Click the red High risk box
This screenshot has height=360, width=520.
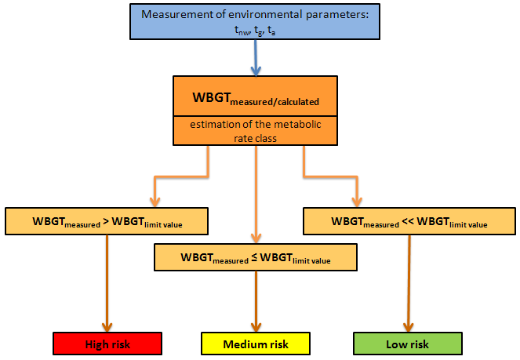point(107,344)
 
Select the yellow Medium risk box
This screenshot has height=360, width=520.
point(256,344)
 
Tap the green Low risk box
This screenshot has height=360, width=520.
point(407,344)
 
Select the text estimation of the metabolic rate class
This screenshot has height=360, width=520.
point(256,129)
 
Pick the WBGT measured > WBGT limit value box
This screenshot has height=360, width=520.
point(107,222)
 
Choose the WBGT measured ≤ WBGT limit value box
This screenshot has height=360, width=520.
point(256,256)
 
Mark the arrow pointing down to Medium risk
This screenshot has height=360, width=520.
point(256,302)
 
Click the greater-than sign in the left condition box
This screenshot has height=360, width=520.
point(105,222)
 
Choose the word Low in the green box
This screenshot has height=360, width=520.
point(395,344)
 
